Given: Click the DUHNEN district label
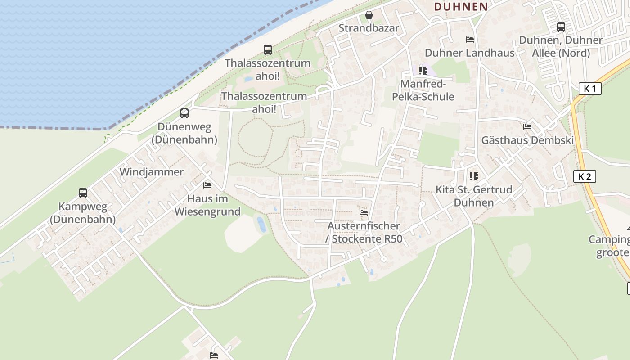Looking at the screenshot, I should coord(461,6).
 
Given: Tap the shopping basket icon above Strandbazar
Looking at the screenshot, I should coord(369,15).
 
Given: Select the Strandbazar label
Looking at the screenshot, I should coord(369,28).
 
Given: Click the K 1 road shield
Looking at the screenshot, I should coord(589,89).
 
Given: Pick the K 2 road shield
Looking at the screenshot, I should coord(585,176).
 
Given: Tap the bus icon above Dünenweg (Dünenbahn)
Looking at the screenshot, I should coord(184,113).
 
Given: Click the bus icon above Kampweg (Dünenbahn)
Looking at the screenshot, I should coord(83,193).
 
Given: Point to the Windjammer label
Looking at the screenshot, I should coord(152,172).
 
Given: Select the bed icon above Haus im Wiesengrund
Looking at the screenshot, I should coord(207,185).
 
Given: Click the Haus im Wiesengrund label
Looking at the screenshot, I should coord(207,205).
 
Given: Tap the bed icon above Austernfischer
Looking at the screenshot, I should coord(364,212).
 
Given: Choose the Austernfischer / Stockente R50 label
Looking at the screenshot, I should coord(364,232).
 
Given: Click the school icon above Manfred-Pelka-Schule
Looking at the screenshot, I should coord(423,70).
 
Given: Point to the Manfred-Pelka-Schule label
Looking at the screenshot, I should coord(423,90).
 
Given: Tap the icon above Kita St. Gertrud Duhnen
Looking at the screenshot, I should coord(473,176).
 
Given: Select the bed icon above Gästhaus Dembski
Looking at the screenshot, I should coord(527,127).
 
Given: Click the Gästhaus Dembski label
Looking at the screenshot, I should coord(527,140).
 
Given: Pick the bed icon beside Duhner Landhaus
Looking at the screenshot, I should coord(470,40).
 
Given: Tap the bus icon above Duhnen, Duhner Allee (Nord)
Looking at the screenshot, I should coord(561,27).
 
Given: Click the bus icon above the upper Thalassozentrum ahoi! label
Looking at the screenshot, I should coord(268,49).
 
